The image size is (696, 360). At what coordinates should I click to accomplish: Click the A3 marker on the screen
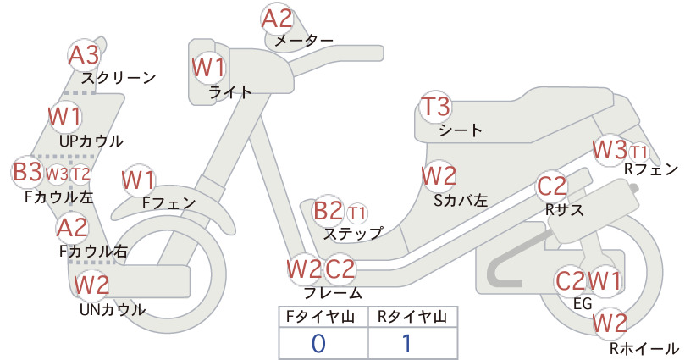85,55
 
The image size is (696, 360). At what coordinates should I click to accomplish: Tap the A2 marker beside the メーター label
278,19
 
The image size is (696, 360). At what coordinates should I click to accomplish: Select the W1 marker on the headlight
208,68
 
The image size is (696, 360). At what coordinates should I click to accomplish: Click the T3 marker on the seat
436,107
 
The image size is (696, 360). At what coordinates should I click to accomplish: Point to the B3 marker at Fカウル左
27,172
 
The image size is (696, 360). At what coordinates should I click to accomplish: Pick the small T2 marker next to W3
80,174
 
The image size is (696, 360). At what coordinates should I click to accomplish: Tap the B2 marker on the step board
328,211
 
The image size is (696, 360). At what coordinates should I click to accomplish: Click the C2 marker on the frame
340,269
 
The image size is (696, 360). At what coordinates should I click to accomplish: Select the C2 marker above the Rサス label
552,186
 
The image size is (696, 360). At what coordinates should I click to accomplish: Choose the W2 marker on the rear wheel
610,324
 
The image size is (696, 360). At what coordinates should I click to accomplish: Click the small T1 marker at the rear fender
638,152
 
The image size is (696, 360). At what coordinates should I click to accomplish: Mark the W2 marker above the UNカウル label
91,285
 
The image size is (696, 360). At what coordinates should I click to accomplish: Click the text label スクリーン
119,78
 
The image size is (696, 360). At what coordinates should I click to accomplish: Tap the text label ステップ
353,233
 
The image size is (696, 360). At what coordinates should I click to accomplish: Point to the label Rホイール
644,348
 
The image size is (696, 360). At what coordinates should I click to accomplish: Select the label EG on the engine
583,303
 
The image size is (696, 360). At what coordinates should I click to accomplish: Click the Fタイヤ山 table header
320,317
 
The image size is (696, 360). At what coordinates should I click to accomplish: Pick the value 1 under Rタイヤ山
407,343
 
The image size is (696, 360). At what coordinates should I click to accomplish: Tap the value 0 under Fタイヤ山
318,343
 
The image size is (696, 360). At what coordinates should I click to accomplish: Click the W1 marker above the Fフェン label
139,180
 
